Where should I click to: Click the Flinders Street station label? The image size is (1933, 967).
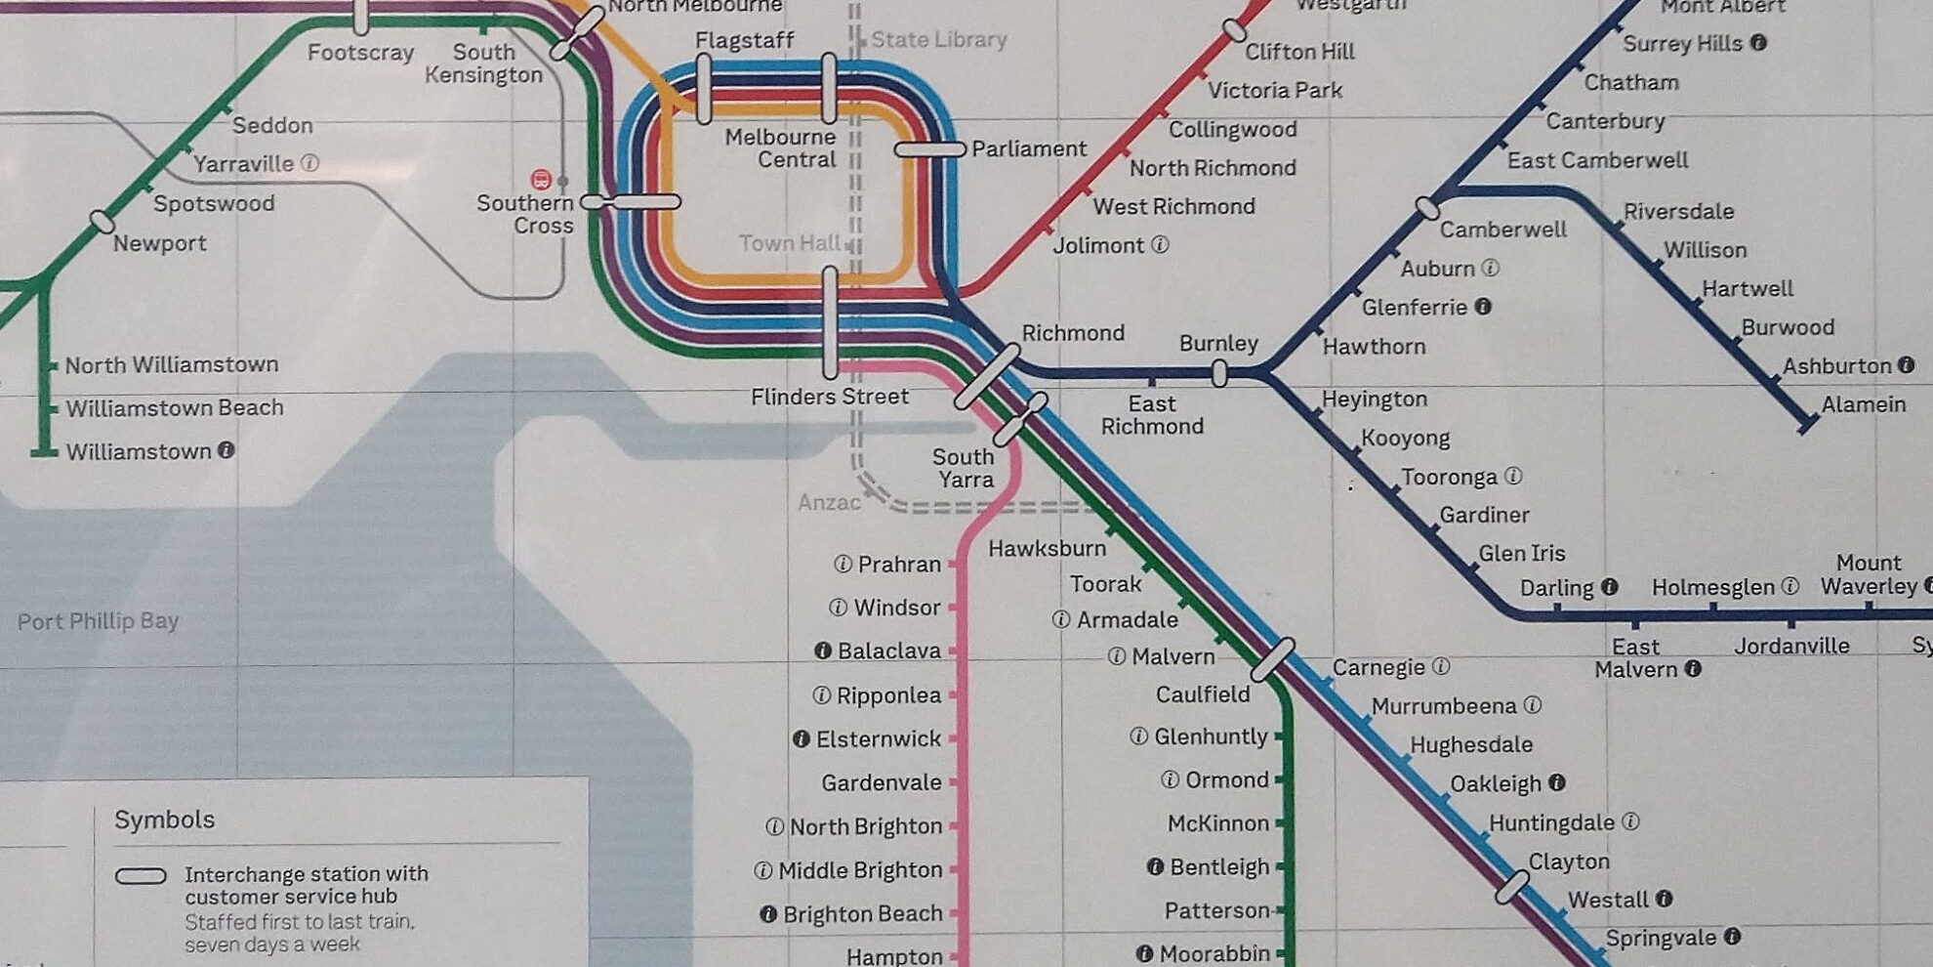tap(829, 397)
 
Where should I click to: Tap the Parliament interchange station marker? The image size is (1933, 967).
tap(929, 149)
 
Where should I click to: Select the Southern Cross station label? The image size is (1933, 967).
tap(525, 214)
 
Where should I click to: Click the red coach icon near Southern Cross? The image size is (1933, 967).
tap(540, 180)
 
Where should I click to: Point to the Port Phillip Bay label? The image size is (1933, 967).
tap(98, 621)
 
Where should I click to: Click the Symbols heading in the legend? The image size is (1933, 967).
tap(164, 820)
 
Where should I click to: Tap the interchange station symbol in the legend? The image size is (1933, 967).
tap(141, 876)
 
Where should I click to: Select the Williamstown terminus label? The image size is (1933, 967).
tap(139, 451)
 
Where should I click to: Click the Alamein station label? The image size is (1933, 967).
tap(1863, 404)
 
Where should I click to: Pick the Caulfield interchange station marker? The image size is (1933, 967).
tap(1273, 660)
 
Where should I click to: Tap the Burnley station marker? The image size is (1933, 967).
tap(1218, 373)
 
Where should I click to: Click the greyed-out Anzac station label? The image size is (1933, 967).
tap(829, 502)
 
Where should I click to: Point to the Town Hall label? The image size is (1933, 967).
tap(789, 243)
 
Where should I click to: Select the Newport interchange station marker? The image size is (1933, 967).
tap(102, 222)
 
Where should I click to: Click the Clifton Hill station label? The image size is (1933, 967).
tap(1299, 52)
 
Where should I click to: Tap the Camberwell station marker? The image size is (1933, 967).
tap(1427, 208)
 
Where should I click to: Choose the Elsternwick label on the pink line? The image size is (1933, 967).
tap(878, 739)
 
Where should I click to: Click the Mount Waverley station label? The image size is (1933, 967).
tap(1869, 574)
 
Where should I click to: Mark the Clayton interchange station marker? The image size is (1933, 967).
tap(1512, 887)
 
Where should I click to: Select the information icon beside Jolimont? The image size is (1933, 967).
tap(1160, 245)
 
